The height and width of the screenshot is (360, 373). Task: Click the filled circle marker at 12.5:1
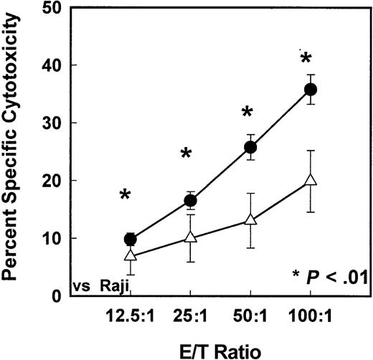131,239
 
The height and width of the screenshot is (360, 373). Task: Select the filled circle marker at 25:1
191,200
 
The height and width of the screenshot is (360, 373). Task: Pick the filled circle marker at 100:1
311,90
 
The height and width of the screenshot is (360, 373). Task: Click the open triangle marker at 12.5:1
131,255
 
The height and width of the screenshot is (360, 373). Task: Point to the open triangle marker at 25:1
191,237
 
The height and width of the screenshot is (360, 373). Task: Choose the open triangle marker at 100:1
311,180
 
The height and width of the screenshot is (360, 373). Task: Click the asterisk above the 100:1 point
306,59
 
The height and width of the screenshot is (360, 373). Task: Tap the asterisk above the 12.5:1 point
126,195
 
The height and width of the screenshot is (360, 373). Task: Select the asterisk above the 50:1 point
247,113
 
